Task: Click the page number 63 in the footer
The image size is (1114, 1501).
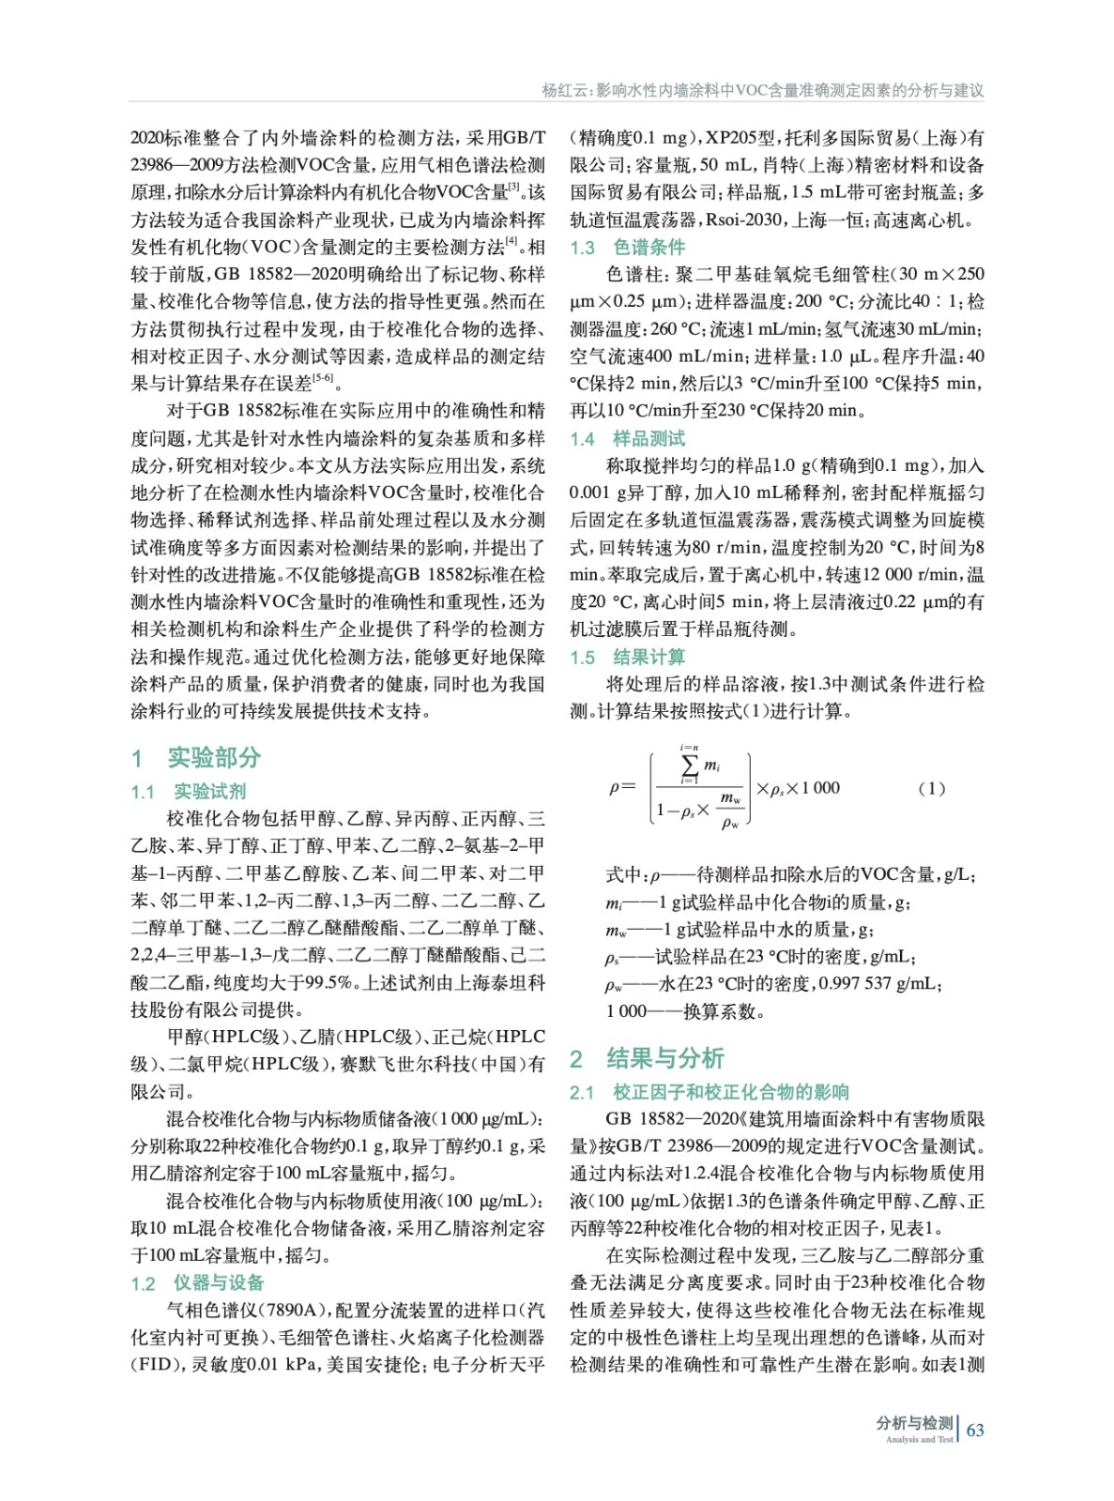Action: click(x=975, y=1430)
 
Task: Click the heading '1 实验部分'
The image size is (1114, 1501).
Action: click(x=196, y=757)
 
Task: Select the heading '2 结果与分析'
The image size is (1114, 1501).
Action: click(x=647, y=1058)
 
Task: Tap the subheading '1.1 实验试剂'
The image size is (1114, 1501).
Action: click(x=188, y=792)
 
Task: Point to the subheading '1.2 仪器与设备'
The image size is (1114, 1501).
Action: click(x=197, y=1282)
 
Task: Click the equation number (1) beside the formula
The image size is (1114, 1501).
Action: click(x=931, y=788)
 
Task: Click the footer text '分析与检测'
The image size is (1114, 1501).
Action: click(x=914, y=1423)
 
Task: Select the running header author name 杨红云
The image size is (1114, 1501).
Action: click(x=563, y=90)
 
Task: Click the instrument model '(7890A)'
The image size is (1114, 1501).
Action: click(x=293, y=1310)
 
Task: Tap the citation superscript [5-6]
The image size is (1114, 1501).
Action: click(x=322, y=378)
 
